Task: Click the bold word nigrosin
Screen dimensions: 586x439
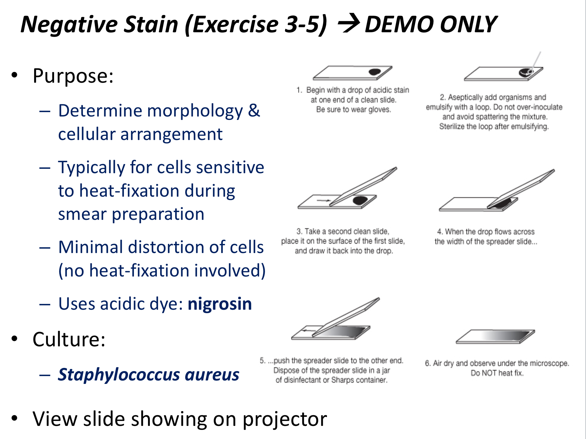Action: click(x=220, y=304)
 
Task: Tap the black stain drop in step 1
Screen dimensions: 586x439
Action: click(x=375, y=72)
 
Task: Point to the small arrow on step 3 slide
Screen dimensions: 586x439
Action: click(x=324, y=200)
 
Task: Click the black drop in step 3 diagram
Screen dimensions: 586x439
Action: click(x=360, y=200)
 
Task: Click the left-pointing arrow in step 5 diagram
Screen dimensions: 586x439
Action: click(x=308, y=330)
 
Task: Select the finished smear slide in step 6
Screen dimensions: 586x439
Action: click(x=495, y=337)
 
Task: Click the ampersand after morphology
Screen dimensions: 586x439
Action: click(x=254, y=111)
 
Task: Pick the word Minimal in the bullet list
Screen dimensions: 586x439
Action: click(x=90, y=247)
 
